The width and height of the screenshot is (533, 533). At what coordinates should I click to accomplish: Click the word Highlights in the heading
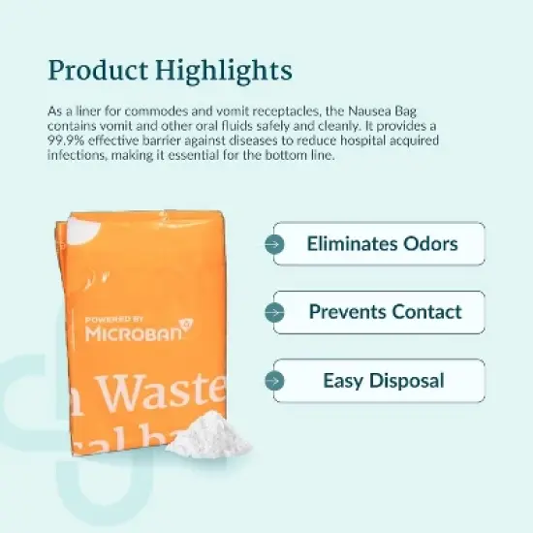(221, 71)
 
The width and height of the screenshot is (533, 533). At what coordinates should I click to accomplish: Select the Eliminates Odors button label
(383, 243)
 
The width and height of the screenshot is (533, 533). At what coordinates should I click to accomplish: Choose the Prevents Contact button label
(385, 312)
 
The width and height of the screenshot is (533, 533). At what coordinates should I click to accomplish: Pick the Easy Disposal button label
(384, 380)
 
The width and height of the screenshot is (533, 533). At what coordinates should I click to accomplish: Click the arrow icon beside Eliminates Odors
(276, 244)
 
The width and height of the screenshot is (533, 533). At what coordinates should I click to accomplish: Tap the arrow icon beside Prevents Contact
(276, 313)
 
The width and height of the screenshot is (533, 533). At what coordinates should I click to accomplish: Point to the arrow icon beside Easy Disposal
(276, 381)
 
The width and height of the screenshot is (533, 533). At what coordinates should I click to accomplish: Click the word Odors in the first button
(429, 243)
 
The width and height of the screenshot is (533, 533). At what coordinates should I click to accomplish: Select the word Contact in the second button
(427, 312)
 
